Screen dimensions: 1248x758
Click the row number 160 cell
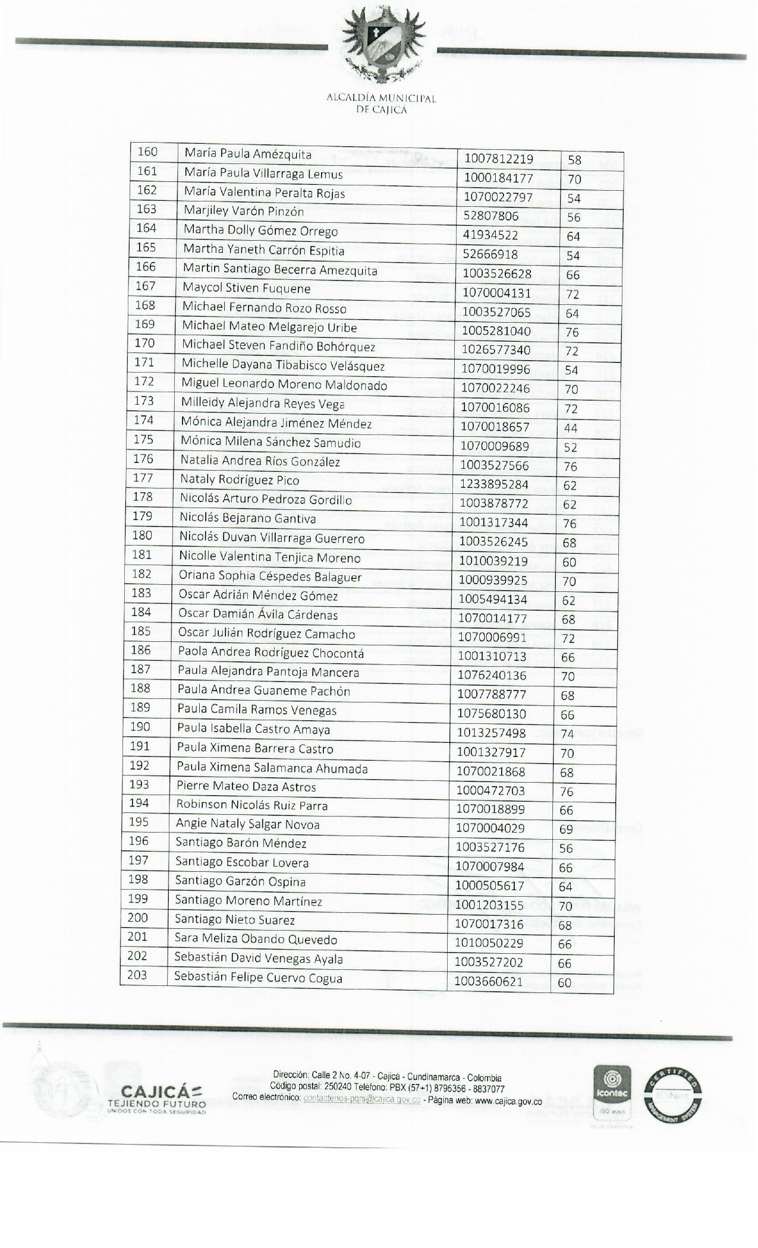pos(147,152)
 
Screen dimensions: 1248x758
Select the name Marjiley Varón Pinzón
pos(244,212)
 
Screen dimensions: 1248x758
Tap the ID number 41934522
pos(490,235)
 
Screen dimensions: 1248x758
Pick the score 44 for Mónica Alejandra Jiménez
pos(571,428)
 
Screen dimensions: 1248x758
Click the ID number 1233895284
pos(494,484)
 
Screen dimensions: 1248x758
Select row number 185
pos(141,631)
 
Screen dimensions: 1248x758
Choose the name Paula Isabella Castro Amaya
pos(253,729)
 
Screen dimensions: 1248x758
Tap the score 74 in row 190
pos(567,734)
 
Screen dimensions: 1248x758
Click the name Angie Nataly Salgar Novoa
pos(247,824)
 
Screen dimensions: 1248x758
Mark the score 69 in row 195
pos(566,829)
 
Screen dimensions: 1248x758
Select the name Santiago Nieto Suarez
pos(234,920)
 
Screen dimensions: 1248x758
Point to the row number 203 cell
pos(137,975)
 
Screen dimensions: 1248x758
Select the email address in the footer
pos(361,1101)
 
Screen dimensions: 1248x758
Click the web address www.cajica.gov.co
pos(508,1101)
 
